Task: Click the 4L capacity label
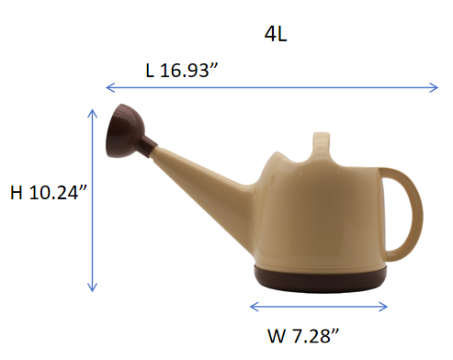276,34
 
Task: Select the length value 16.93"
188,70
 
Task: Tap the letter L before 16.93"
150,71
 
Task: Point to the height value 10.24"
58,193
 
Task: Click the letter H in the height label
17,193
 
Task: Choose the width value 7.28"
316,336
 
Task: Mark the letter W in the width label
277,336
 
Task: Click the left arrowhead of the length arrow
109,87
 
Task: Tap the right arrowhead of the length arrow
435,87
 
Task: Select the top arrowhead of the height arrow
92,113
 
